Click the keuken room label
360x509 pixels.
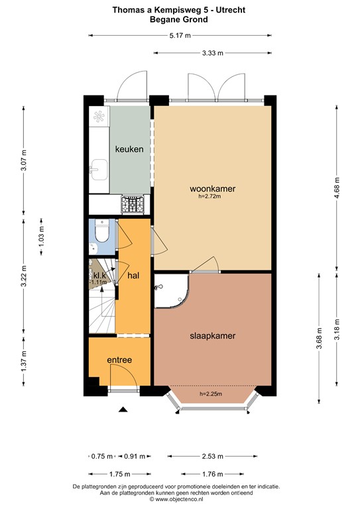129,149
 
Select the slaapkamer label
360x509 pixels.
213,336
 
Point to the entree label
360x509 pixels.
120,360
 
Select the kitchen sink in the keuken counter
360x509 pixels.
98,170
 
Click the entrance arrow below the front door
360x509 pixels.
122,410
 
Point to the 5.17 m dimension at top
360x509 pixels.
180,36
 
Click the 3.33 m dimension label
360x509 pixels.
212,53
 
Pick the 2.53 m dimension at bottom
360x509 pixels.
212,456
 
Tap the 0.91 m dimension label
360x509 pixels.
135,456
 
